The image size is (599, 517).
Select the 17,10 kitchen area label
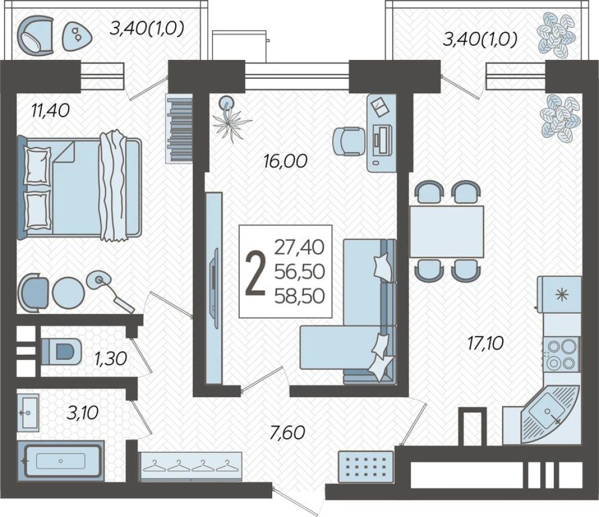(x=484, y=342)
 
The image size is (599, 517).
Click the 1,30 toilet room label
(x=111, y=358)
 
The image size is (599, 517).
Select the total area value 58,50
(x=299, y=295)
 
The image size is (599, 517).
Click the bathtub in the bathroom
(x=61, y=461)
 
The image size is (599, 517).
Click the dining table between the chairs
(x=447, y=231)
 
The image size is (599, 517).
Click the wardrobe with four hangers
(x=190, y=466)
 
